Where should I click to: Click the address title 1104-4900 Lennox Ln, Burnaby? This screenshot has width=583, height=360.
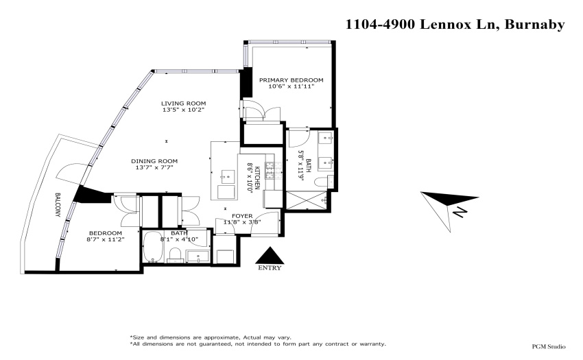455,25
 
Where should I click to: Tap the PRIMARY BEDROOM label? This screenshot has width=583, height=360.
291,80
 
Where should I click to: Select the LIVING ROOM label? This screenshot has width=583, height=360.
183,104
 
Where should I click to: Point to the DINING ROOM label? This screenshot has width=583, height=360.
154,161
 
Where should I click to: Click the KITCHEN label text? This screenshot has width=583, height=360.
258,177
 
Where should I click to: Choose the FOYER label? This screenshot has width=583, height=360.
242,216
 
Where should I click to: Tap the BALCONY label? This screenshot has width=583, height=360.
58,204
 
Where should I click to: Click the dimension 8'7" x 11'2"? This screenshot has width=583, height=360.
105,239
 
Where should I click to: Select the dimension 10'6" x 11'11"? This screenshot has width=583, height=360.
291,86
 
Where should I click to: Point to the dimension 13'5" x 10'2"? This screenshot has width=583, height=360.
183,110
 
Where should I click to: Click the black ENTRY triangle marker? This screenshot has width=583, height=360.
270,256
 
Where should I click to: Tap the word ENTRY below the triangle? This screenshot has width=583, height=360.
270,267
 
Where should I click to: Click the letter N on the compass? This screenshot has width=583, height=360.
460,213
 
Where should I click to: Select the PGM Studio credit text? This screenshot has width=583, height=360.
549,346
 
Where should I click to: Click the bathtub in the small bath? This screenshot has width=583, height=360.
153,246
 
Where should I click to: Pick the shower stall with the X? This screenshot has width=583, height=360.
306,200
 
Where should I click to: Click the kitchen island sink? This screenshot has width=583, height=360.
228,176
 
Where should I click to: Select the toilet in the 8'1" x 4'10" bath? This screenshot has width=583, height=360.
175,255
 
